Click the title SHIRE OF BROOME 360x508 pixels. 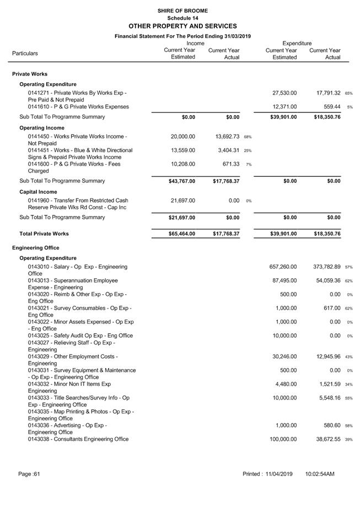182,10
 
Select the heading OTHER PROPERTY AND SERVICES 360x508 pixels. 182,26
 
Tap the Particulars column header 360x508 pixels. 25,53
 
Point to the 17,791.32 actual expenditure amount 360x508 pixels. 325,93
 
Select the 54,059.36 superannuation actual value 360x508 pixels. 325,280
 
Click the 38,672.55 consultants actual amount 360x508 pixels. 325,439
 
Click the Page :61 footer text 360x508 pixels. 29,474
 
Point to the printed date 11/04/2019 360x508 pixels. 280,474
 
